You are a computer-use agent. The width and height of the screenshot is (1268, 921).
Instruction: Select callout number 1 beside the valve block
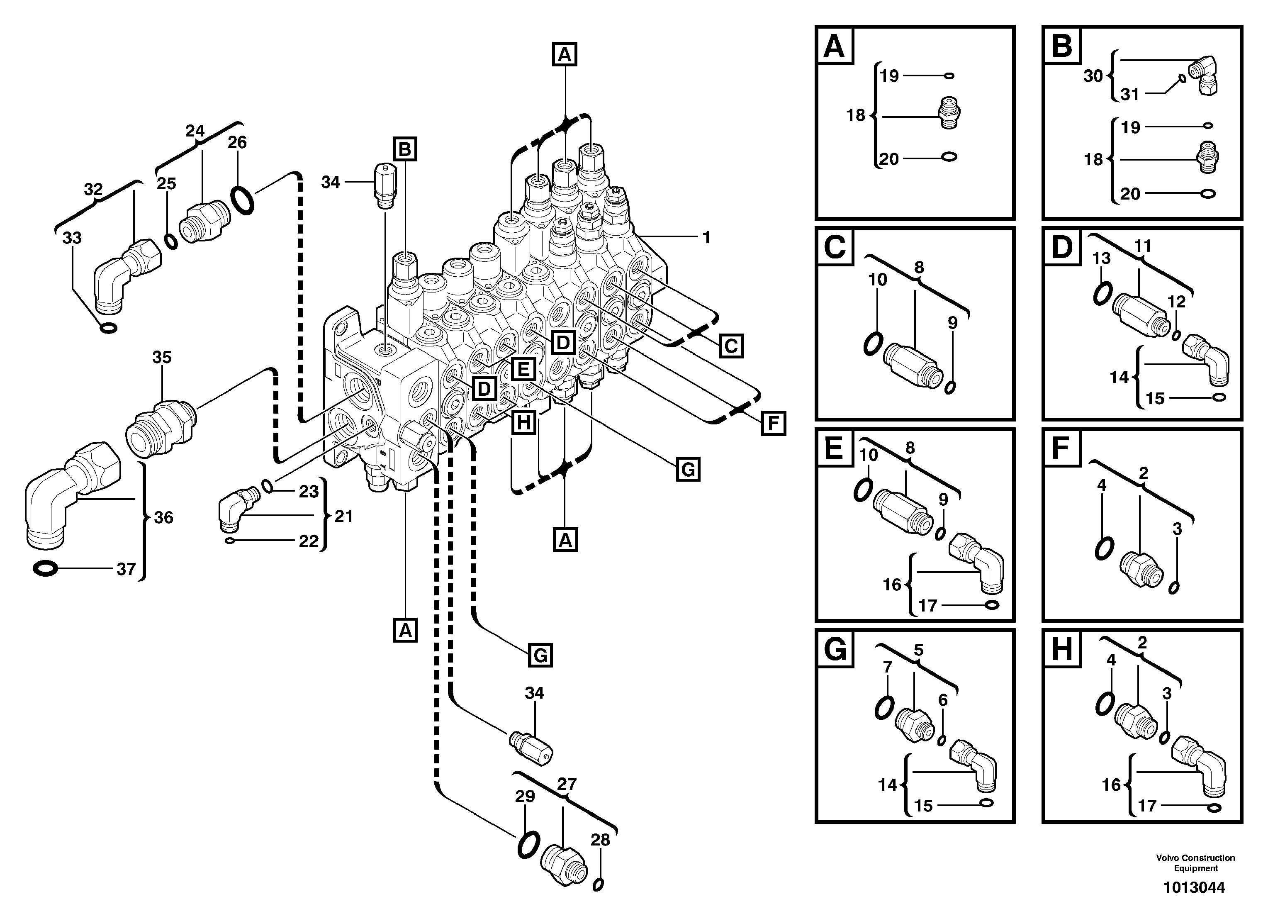pos(706,238)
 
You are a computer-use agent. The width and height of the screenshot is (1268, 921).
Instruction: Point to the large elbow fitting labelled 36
pos(67,492)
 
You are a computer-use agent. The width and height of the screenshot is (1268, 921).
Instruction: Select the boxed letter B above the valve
pos(405,149)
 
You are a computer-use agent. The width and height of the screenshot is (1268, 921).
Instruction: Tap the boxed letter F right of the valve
pos(773,423)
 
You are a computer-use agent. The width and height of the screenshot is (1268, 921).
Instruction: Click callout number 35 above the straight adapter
pos(162,357)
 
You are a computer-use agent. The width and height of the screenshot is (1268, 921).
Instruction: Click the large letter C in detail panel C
pos(835,246)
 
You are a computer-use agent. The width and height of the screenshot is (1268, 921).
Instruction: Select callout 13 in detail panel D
pos(1101,258)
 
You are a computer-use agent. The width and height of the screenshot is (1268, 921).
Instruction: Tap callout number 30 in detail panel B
pos(1093,76)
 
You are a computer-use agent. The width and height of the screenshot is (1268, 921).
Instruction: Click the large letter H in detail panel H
pos(1062,650)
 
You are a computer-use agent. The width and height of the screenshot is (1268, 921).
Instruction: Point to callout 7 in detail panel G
pos(887,667)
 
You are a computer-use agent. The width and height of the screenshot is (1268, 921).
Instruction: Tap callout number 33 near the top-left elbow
pos(72,238)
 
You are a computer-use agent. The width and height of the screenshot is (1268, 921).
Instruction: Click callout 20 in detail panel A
pos(888,159)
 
